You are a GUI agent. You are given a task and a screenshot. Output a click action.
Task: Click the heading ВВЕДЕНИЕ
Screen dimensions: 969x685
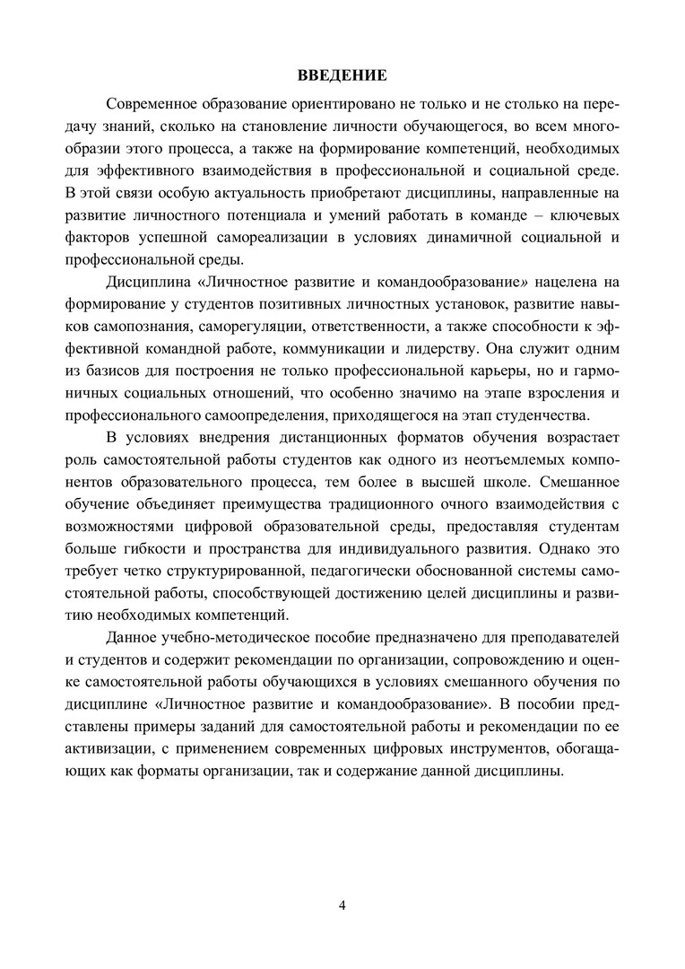point(342,74)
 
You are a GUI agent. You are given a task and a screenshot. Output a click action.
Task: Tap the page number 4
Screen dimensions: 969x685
point(342,904)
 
